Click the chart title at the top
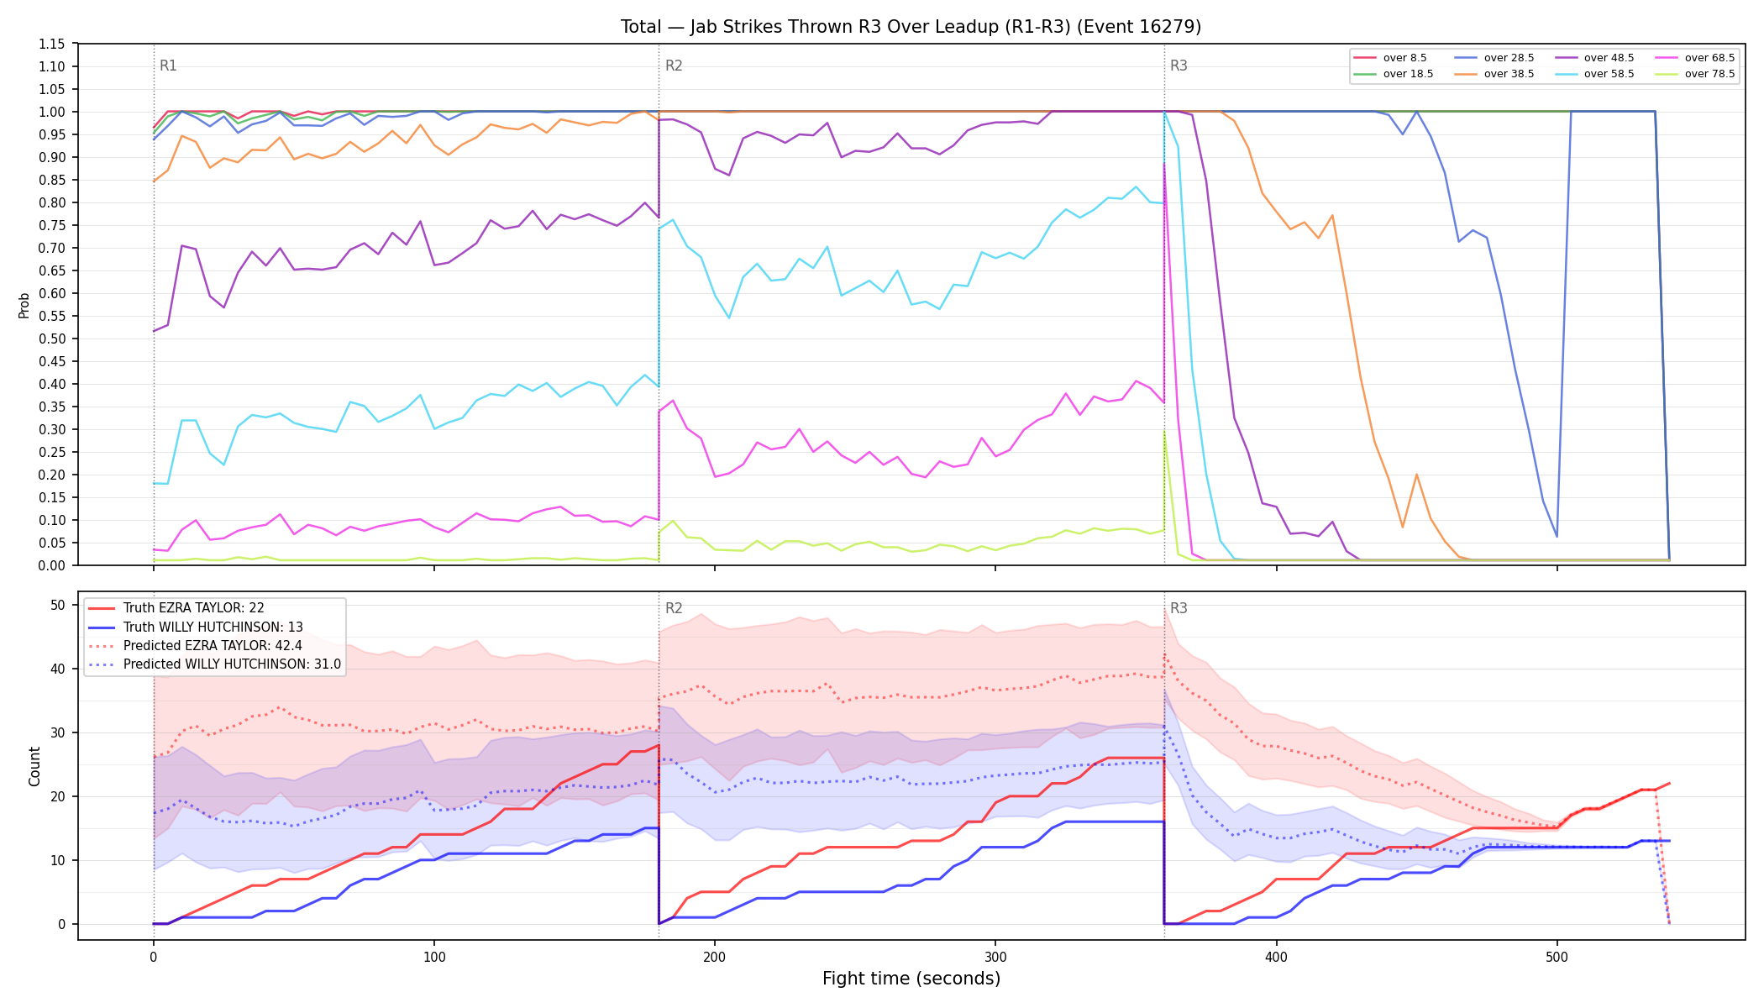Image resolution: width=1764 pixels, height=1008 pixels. [x=911, y=27]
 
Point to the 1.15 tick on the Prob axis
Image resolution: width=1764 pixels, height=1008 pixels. [x=52, y=44]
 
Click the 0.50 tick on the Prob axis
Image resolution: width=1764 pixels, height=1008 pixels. [x=52, y=339]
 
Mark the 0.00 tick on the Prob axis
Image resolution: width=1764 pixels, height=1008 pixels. [x=52, y=565]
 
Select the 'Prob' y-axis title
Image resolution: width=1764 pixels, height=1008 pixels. [x=24, y=305]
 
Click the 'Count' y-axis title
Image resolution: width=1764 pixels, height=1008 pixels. [x=34, y=766]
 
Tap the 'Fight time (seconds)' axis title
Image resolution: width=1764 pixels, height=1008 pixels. [x=911, y=979]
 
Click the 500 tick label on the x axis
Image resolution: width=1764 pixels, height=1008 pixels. [x=1557, y=957]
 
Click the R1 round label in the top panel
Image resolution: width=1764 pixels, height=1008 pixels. [x=168, y=66]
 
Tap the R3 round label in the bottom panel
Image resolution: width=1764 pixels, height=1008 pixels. [x=1179, y=608]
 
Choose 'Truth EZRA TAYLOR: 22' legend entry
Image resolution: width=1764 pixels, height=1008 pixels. [x=193, y=608]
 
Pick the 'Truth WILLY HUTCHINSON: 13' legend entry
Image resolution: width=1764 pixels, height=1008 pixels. [x=213, y=627]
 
